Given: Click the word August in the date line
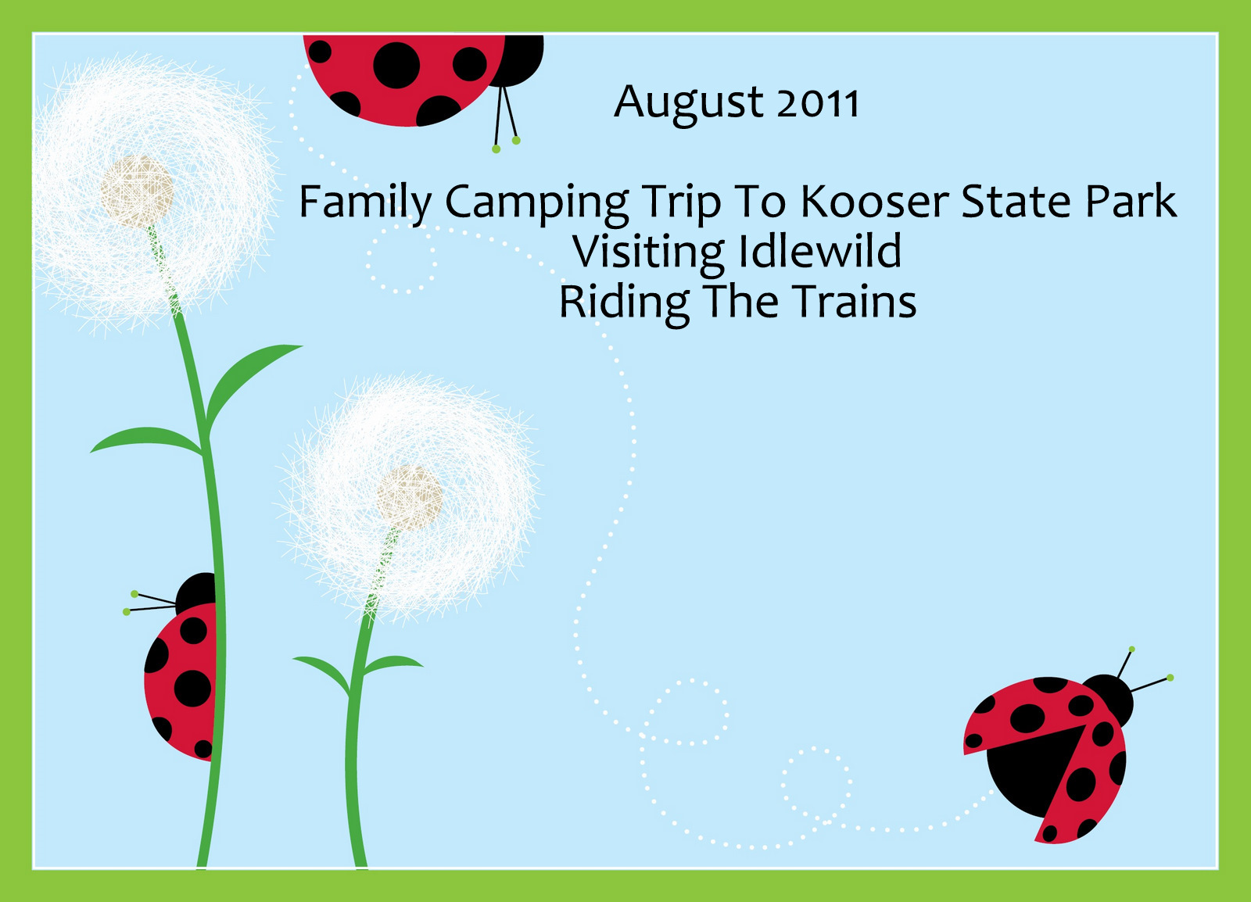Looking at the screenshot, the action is point(688,104).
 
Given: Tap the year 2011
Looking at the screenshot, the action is point(817,103).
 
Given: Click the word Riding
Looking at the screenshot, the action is point(625,305).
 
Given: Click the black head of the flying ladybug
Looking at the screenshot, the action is point(1109,700).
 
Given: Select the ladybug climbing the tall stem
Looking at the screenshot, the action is point(180,666).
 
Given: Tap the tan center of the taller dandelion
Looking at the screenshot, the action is point(137,191).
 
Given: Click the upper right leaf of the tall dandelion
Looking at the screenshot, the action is point(251,385).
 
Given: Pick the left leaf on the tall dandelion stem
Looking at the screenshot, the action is point(146,440).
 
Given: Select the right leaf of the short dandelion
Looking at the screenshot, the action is point(393,664).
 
